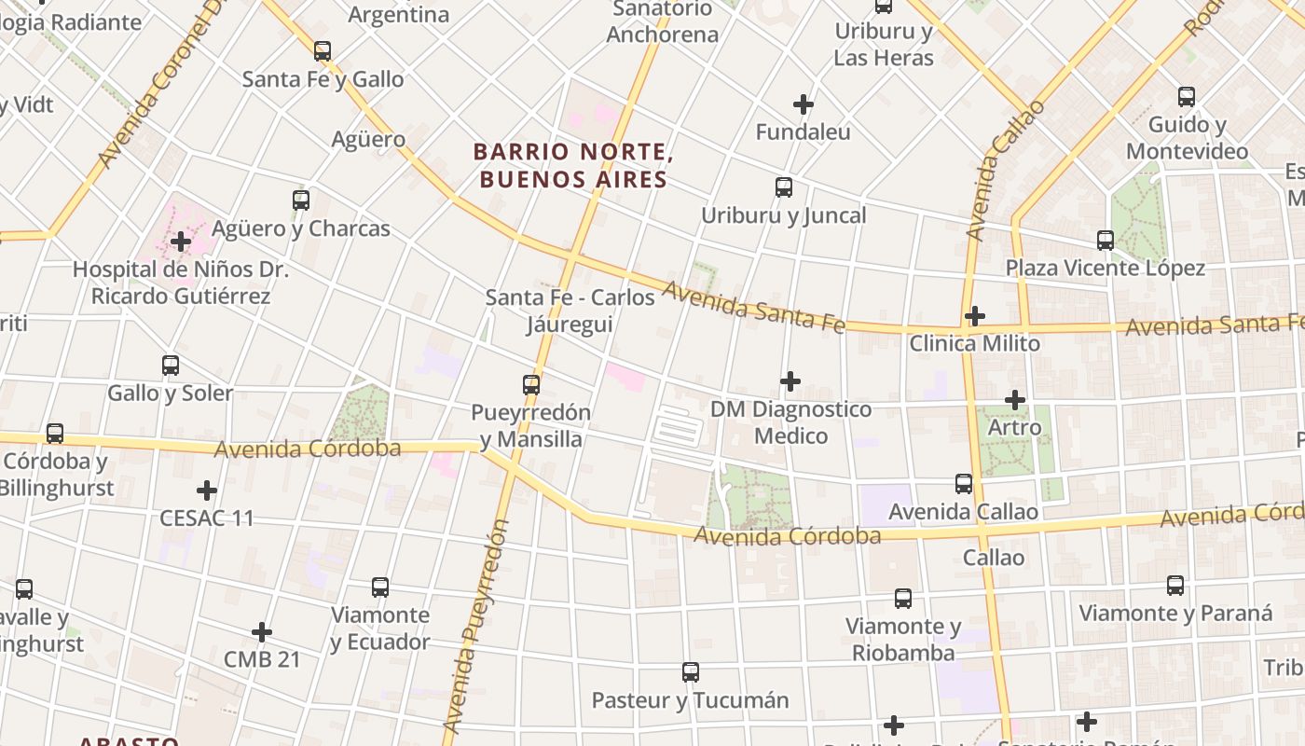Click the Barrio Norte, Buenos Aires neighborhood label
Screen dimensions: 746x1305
pos(572,165)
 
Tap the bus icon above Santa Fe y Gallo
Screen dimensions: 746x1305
pos(323,51)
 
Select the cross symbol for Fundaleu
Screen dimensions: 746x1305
pos(803,104)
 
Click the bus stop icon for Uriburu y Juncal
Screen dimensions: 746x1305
pos(784,187)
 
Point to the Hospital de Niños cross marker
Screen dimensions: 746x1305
pos(181,242)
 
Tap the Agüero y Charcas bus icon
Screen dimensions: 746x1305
pos(300,200)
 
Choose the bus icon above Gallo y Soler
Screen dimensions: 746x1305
pos(171,366)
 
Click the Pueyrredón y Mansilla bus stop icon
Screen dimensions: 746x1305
pos(531,384)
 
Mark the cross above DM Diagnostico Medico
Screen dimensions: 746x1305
pos(790,381)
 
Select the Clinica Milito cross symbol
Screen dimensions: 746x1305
pos(974,316)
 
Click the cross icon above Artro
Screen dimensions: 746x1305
pos(1015,400)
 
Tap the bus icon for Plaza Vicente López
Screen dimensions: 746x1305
pos(1106,241)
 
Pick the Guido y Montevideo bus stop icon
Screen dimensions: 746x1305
pos(1187,96)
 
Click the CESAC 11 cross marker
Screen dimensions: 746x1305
pos(207,490)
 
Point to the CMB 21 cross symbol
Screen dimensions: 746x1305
pos(262,632)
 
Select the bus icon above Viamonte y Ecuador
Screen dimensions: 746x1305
pos(380,587)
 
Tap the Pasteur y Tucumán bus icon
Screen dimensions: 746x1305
pos(691,672)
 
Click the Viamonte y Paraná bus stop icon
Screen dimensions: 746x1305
pos(1175,586)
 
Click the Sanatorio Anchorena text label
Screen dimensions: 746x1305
pos(662,22)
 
